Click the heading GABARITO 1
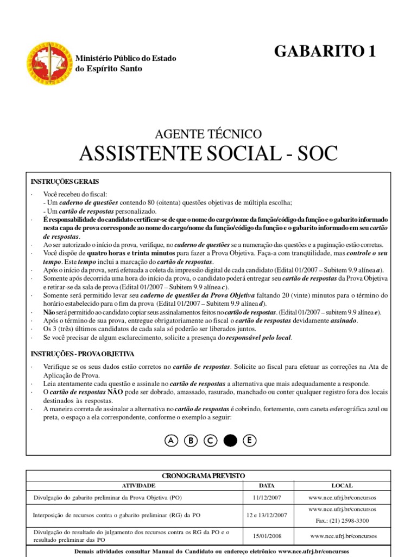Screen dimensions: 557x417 tap(325, 51)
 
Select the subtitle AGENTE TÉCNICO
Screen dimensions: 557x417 tap(208, 133)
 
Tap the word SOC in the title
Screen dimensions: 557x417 tap(315, 154)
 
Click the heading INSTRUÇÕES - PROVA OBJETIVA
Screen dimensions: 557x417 tap(83, 354)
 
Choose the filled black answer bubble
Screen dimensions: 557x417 tap(230, 441)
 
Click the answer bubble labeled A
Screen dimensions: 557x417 tap(172, 441)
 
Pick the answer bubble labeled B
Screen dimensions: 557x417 tap(191, 441)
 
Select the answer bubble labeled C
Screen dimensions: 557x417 tap(210, 441)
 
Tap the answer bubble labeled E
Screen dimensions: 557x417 tap(249, 441)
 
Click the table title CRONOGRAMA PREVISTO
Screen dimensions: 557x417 tap(208, 475)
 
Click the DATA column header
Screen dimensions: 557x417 tap(267, 485)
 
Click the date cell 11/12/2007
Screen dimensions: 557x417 tap(267, 498)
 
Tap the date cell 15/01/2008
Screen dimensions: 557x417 tap(267, 536)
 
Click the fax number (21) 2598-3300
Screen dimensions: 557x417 tap(350, 521)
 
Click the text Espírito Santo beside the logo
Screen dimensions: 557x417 tap(116, 69)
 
